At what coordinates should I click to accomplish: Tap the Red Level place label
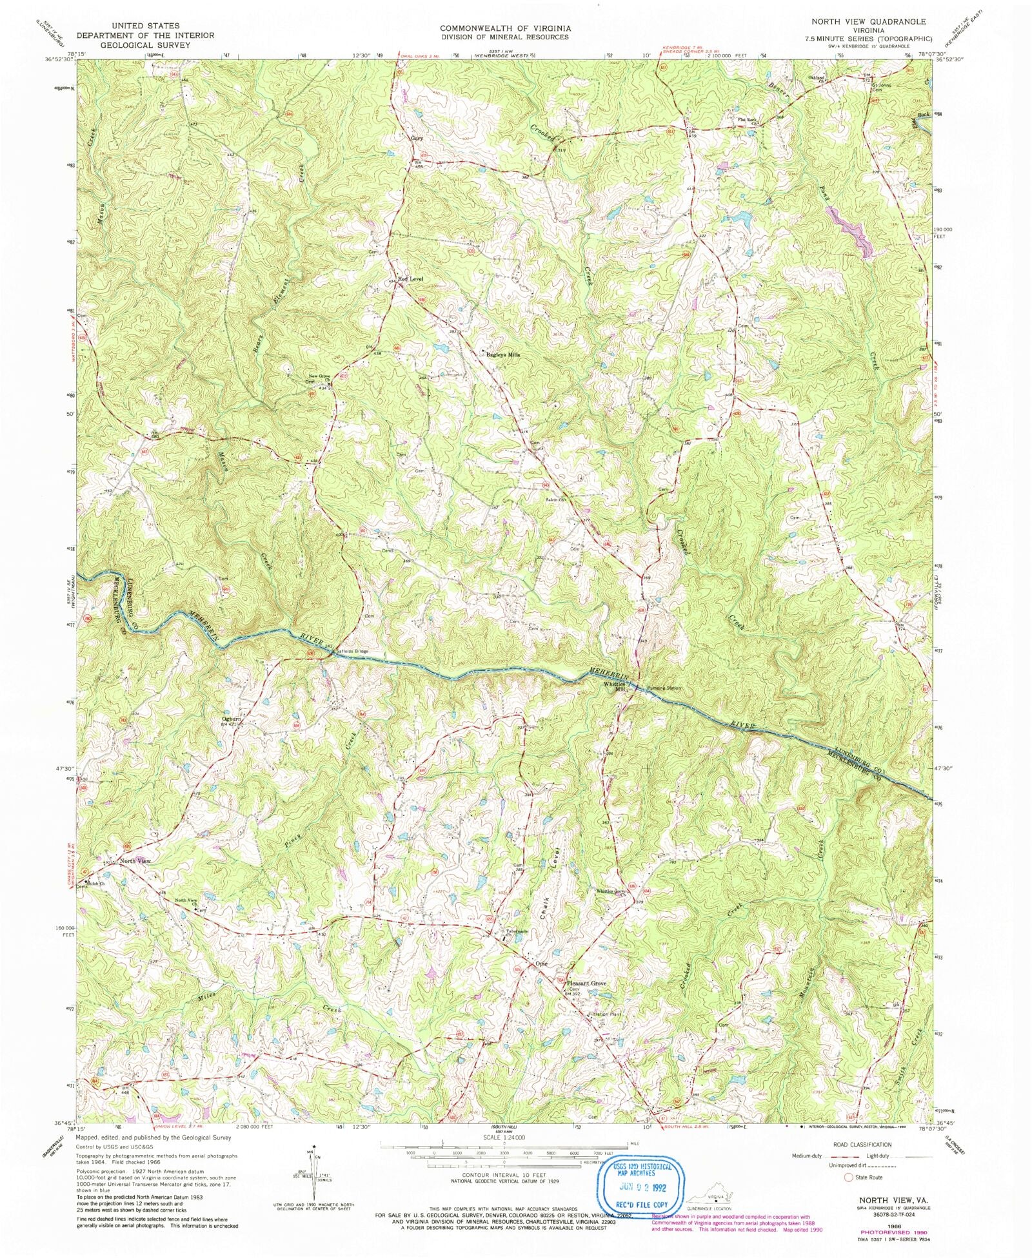411,278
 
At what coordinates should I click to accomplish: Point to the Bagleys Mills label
502,354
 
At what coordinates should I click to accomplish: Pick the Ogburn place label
232,719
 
